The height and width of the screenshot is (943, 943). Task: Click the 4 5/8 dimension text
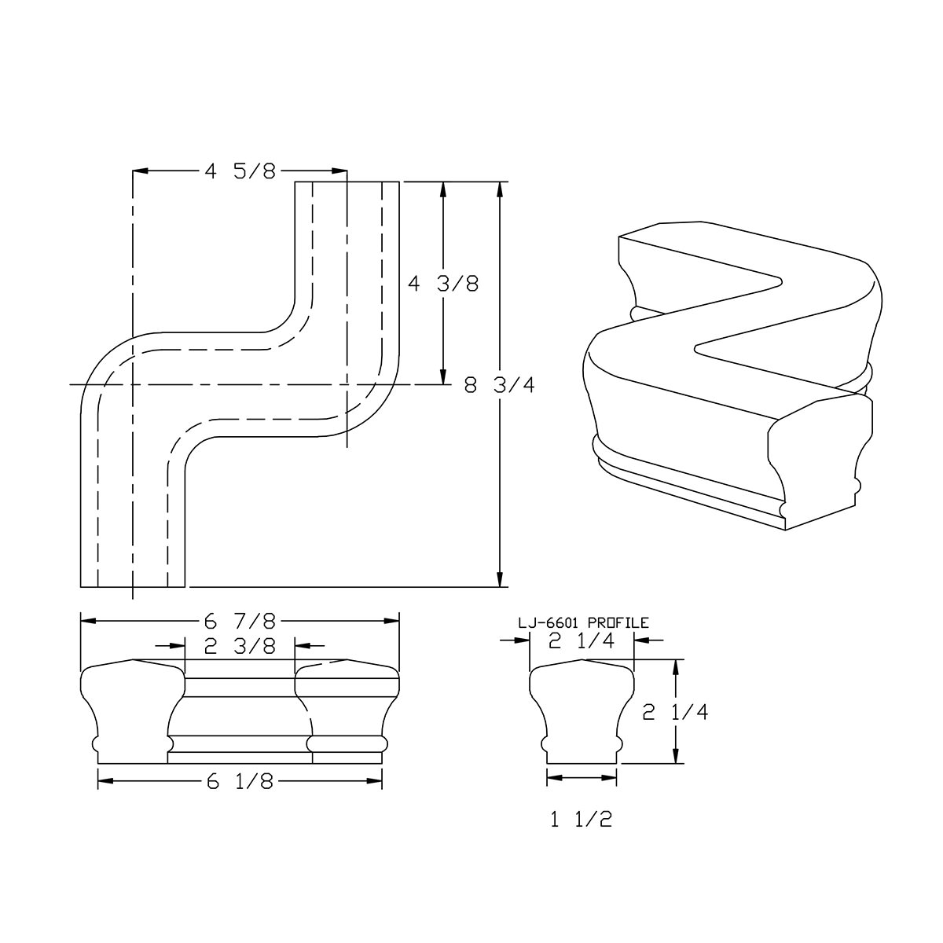(x=240, y=171)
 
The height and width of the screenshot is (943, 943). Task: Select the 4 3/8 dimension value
(x=443, y=284)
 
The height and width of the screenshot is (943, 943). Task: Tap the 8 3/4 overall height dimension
(x=500, y=387)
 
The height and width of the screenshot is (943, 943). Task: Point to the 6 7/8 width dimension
(x=240, y=622)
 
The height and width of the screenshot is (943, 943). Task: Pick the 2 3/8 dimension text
(x=240, y=646)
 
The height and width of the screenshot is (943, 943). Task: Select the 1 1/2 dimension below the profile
(x=581, y=820)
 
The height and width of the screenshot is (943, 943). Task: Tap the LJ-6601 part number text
(x=549, y=622)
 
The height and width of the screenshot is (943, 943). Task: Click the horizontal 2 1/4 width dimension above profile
(x=581, y=641)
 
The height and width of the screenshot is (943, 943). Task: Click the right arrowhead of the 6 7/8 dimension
(x=393, y=622)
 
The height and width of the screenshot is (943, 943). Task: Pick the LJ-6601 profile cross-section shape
(x=581, y=711)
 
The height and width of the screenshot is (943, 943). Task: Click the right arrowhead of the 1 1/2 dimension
(x=611, y=777)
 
